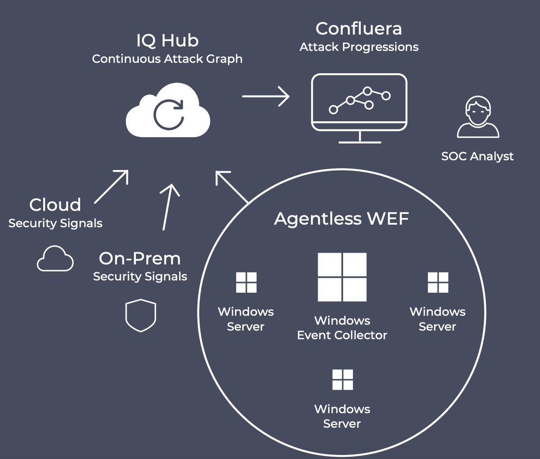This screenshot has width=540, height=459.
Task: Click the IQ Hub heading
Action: point(167,41)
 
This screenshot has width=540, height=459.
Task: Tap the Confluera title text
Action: point(359,29)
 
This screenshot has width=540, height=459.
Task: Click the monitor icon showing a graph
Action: point(359,108)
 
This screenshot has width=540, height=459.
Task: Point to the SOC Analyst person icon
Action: point(478,117)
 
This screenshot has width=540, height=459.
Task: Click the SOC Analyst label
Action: point(477,156)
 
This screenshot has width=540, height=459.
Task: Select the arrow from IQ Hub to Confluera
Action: point(265,96)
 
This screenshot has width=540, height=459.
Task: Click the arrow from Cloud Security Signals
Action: point(112,187)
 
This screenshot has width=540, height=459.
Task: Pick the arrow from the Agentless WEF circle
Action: point(231,187)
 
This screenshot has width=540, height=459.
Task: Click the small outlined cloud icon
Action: point(55,259)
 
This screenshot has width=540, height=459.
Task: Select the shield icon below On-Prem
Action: point(140,316)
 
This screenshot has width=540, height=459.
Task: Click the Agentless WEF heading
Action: point(342,219)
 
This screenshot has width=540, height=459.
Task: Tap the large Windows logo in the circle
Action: point(342,277)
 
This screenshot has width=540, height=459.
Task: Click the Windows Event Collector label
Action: point(342,328)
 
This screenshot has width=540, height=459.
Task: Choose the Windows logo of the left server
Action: point(246,282)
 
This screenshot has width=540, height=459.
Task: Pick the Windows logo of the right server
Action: point(438,282)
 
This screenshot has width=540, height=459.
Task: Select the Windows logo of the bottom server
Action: point(342,379)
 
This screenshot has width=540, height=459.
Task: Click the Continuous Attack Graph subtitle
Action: point(167,59)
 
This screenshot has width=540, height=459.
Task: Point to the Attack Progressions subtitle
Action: point(359,47)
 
